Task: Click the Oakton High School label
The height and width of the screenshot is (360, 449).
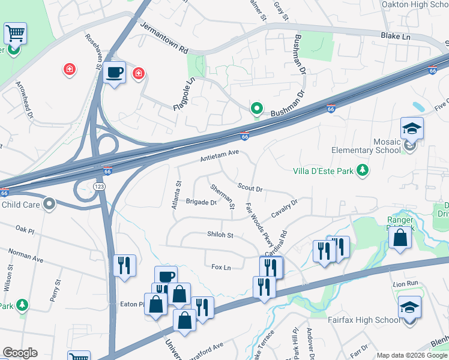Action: [x=415, y=5]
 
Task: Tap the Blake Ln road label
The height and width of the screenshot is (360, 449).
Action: [x=396, y=37]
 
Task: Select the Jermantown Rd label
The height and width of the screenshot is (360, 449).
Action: [x=163, y=37]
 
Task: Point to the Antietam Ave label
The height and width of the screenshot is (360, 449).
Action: [x=220, y=156]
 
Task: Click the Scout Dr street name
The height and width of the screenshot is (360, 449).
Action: [x=250, y=188]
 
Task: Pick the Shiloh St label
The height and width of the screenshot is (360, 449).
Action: [x=220, y=235]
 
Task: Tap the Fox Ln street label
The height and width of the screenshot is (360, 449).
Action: [x=221, y=267]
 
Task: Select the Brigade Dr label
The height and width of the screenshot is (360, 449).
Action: [x=200, y=202]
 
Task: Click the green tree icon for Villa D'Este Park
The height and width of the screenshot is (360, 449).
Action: [x=363, y=171]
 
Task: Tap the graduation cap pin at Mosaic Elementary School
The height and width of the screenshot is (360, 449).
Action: [x=412, y=128]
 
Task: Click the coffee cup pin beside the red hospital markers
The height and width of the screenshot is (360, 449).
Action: [x=114, y=73]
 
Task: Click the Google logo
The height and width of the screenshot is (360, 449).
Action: [x=20, y=353]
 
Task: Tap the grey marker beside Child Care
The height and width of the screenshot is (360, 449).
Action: [x=50, y=205]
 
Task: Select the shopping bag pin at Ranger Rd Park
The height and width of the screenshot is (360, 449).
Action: [x=400, y=237]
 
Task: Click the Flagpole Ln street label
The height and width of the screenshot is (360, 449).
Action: [x=184, y=95]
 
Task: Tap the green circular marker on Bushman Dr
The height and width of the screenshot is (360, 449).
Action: [x=256, y=109]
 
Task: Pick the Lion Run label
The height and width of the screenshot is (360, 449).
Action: [x=405, y=283]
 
